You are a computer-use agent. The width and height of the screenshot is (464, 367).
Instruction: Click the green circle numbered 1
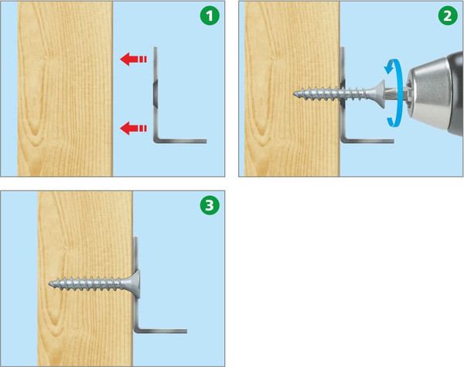[210, 15]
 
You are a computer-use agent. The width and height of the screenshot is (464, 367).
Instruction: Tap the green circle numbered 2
[448, 15]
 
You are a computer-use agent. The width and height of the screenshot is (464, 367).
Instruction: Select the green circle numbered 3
[210, 205]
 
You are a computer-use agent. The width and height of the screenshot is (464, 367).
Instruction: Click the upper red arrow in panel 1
[134, 59]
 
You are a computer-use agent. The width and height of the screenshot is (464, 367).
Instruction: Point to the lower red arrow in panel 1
[134, 129]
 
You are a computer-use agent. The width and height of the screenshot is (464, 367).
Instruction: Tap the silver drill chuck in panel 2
[430, 94]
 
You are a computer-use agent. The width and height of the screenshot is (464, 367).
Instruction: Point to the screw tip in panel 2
[295, 94]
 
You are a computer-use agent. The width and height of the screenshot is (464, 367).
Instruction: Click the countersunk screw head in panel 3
[133, 283]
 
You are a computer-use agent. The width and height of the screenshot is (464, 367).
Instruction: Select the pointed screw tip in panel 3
[50, 283]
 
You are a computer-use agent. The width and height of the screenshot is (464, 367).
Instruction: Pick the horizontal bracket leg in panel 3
[162, 331]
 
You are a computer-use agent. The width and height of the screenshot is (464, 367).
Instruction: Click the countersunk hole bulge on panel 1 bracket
[155, 94]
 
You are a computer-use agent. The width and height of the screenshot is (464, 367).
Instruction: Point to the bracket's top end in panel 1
[155, 47]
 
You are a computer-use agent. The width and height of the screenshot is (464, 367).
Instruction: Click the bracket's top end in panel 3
[136, 238]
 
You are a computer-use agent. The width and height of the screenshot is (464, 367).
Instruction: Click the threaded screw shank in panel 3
[89, 283]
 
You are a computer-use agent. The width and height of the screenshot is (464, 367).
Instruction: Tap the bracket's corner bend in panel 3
[136, 331]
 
